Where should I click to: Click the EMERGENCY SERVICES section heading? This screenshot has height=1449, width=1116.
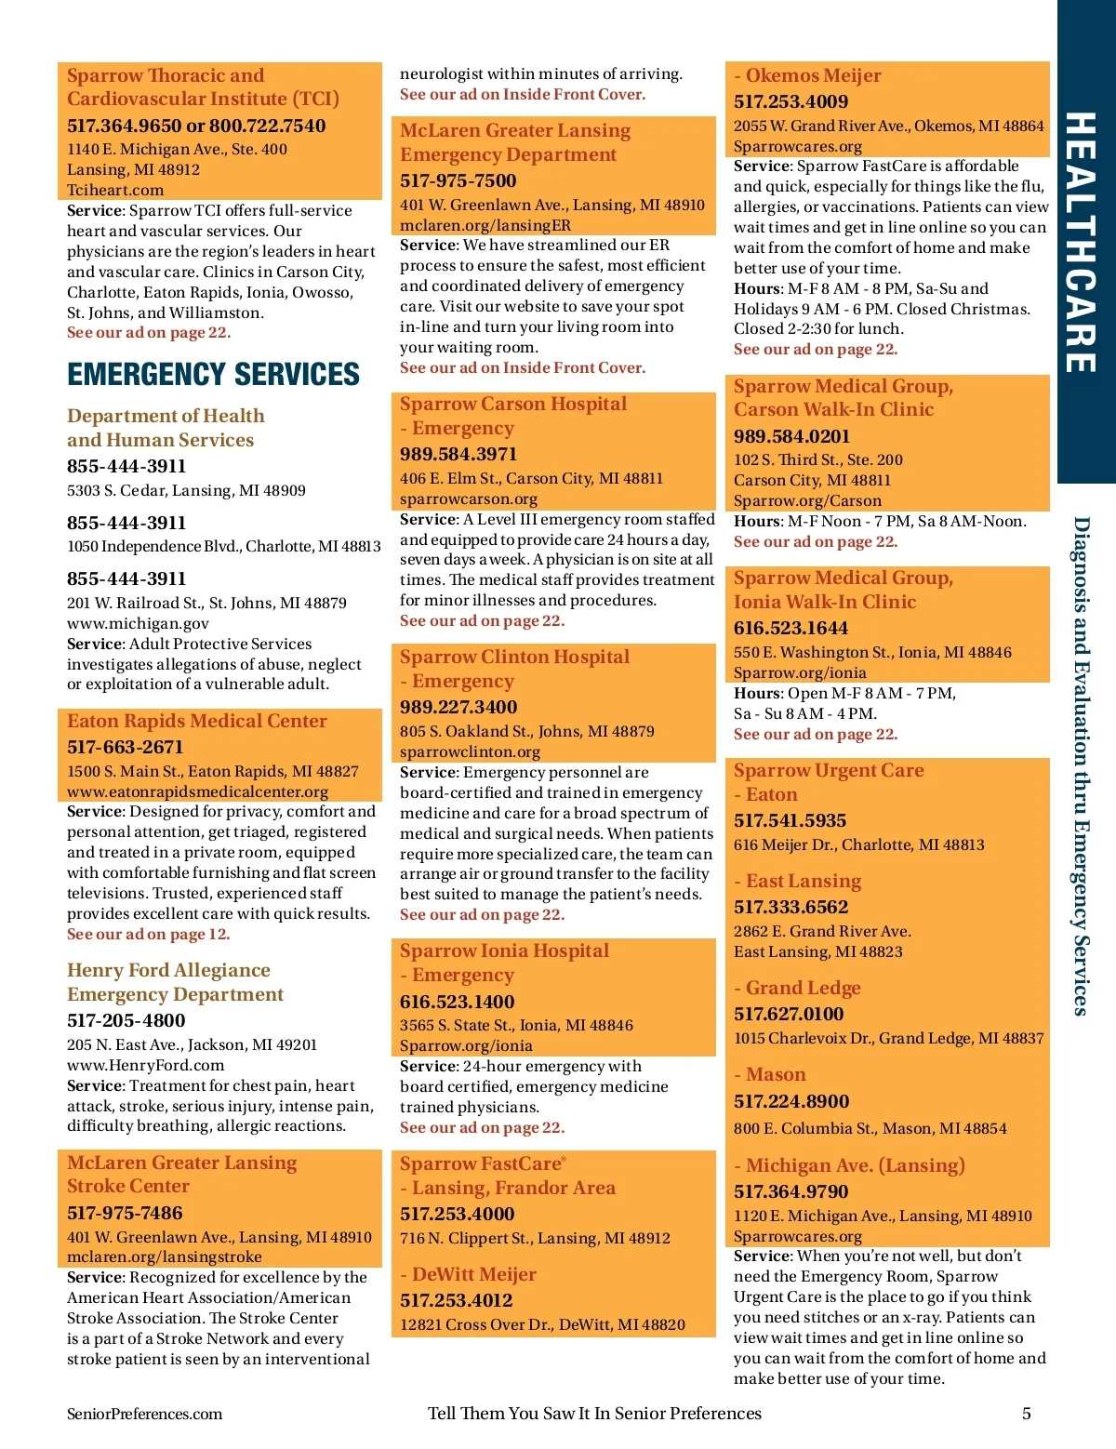[213, 374]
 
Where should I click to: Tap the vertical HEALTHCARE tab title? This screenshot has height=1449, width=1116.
[1080, 242]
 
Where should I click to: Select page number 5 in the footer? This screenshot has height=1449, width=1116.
[1027, 1414]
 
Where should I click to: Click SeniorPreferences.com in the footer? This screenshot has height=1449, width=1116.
[144, 1414]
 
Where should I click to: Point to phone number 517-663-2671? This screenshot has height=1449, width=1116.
[126, 747]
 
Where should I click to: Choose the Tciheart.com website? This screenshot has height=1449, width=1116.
[115, 190]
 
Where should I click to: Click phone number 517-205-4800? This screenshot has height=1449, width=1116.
[126, 1020]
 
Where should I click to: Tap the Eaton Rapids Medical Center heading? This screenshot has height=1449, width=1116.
[197, 721]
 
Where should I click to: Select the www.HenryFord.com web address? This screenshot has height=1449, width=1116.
[145, 1065]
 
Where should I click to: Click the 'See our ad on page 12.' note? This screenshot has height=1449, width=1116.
[148, 934]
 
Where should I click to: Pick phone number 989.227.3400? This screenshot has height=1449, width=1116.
[458, 707]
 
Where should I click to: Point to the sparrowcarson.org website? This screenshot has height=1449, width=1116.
[469, 499]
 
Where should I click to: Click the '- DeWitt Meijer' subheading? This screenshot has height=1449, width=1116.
[468, 1274]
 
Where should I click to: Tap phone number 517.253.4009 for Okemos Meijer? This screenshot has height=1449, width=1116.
[790, 101]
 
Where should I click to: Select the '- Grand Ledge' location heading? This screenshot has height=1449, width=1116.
[797, 988]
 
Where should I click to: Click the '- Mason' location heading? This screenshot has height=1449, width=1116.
[770, 1074]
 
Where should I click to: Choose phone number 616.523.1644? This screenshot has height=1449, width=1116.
[790, 628]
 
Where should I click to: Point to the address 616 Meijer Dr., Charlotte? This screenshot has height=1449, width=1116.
[858, 844]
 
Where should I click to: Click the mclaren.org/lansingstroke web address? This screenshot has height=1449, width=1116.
[164, 1256]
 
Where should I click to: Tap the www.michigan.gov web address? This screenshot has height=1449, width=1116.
[138, 623]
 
